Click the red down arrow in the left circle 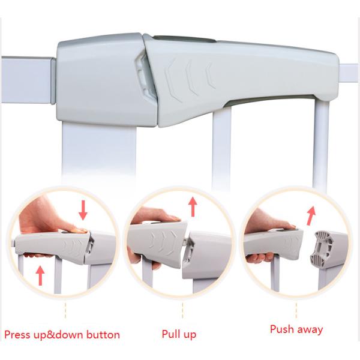point(83,211)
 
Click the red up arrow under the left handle point(40,275)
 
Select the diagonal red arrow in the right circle point(311,216)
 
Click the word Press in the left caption point(17,335)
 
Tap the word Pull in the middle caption point(170,334)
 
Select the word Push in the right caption point(282,329)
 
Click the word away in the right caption point(310,330)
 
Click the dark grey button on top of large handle point(185,39)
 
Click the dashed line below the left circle point(65,311)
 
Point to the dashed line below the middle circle point(182,310)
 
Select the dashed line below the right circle point(296,310)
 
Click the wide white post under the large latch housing point(99,152)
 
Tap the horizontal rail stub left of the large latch point(28,80)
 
